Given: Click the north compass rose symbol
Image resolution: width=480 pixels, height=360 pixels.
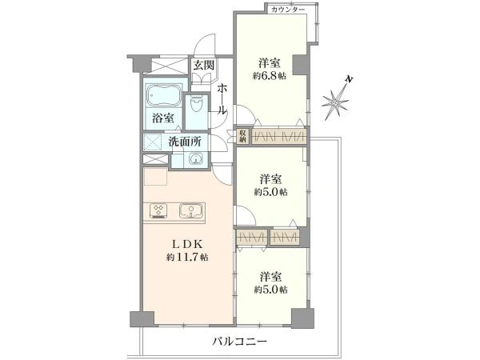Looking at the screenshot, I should [x=337, y=99].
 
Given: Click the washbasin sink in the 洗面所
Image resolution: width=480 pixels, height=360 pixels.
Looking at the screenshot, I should [x=195, y=158].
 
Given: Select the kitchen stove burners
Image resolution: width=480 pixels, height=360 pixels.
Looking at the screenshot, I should [x=158, y=211].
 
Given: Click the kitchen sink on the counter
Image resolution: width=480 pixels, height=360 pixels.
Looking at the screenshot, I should [x=191, y=211].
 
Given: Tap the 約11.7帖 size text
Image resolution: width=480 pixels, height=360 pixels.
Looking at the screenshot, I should [x=188, y=257].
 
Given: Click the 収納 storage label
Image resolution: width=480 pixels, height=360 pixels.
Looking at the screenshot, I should [x=242, y=137].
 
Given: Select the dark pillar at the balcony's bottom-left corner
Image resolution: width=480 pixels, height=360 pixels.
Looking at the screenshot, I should [x=136, y=318].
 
